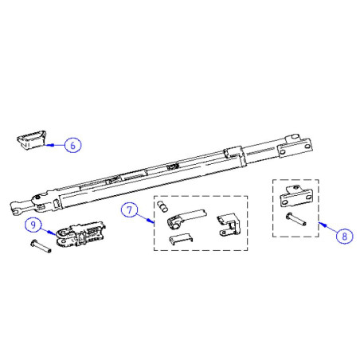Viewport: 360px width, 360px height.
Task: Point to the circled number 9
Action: point(33,225)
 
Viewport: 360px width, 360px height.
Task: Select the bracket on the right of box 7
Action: point(229,225)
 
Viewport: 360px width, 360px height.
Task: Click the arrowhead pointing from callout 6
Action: point(47,146)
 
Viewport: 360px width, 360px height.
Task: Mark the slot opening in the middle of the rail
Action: point(170,166)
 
